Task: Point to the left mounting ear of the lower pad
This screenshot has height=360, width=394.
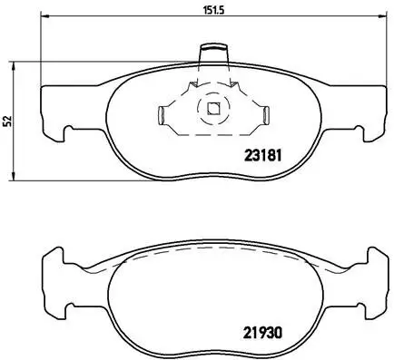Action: click(54, 268)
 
